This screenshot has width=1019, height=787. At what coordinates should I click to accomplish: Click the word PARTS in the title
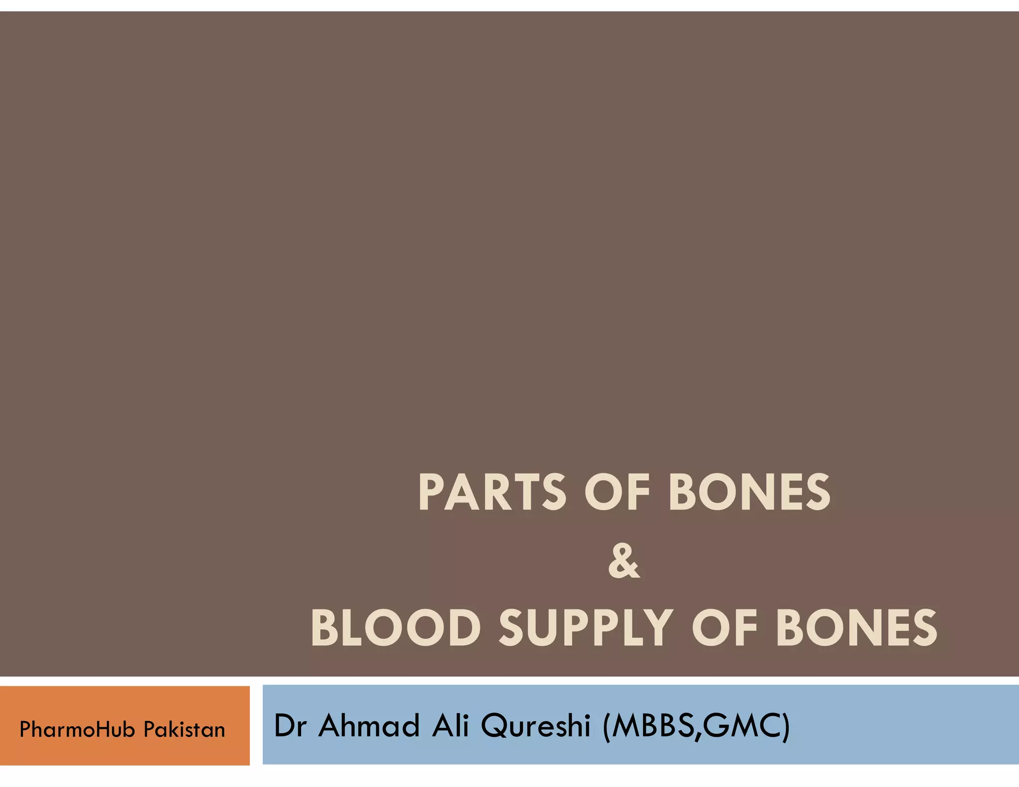[492, 492]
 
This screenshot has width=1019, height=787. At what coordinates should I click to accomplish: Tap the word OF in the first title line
[617, 492]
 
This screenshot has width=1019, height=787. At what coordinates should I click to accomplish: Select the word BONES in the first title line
[749, 492]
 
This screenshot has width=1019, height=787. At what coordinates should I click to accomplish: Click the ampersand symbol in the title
[624, 561]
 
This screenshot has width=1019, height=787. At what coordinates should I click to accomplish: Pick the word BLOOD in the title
[396, 628]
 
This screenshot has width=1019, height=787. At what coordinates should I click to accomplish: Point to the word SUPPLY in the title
[586, 628]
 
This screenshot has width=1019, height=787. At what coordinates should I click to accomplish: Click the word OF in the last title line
[725, 628]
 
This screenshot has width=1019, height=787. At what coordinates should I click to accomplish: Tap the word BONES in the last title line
[856, 628]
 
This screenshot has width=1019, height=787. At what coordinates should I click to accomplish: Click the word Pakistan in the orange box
[184, 730]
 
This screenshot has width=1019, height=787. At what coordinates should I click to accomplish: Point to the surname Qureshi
[535, 726]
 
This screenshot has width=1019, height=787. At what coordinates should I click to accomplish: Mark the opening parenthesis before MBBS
[607, 727]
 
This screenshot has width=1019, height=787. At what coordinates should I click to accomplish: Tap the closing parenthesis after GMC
[785, 727]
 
